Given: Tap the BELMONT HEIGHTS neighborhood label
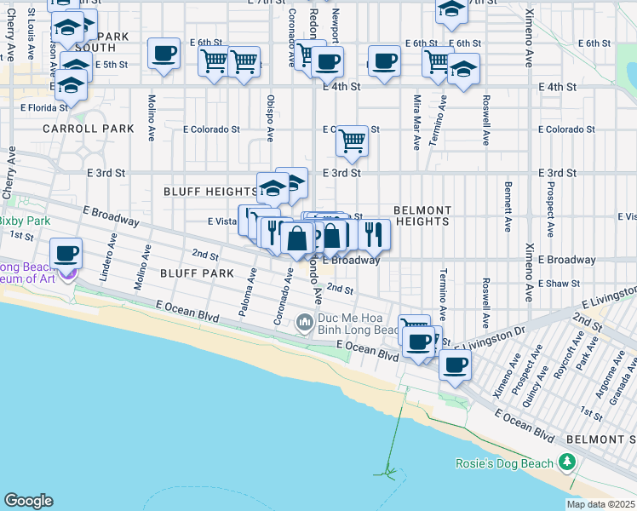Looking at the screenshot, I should pos(422,215).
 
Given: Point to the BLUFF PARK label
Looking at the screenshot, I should pos(197,273).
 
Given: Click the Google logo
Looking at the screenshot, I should pos(28,501).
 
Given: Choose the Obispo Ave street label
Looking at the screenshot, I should pos(270,117).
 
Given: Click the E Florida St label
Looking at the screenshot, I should pos(37,108).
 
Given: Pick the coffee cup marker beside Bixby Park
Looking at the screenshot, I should pos(66,254).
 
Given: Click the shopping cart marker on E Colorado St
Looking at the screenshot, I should pos(351,141).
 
